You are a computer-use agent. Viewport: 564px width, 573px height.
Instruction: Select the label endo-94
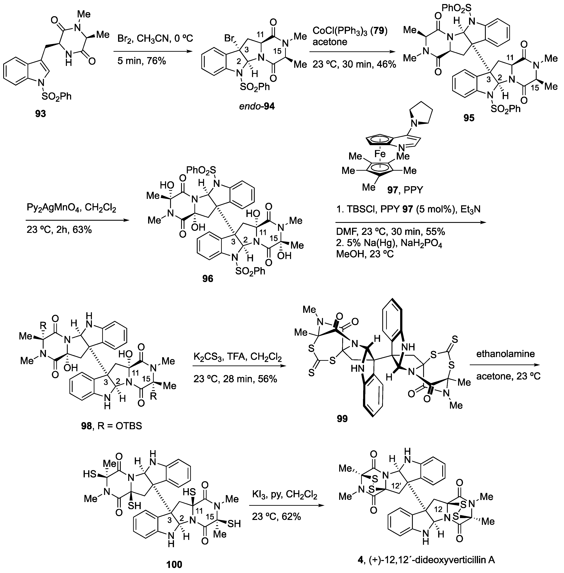point(257,106)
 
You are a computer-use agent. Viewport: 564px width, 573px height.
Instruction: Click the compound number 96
point(208,278)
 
